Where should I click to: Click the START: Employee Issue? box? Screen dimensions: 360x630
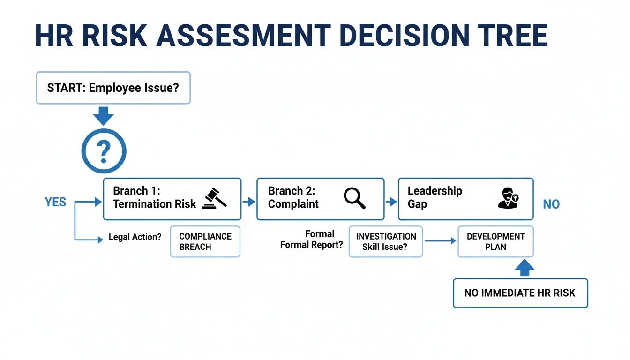113,88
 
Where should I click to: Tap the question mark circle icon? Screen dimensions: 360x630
104,151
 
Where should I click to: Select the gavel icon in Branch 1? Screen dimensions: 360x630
214,198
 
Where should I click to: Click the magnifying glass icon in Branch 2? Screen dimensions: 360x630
354,198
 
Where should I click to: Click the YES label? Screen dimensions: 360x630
55,202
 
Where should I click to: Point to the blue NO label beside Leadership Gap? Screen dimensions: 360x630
551,204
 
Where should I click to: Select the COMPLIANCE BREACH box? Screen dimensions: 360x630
205,241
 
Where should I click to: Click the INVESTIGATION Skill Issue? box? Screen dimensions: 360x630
385,241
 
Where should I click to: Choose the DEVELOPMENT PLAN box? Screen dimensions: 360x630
495,241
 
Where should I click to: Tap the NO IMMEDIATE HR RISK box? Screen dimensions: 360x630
520,293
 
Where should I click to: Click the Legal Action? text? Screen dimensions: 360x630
135,237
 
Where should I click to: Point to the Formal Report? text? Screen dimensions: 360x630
312,245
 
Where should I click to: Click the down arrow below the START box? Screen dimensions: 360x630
104,115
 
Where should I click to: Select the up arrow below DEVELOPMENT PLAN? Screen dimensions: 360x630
525,268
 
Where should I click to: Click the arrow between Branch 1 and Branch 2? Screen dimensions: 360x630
249,202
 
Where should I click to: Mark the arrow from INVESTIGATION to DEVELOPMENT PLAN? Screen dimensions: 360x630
440,241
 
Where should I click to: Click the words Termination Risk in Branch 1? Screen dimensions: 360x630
154,204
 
